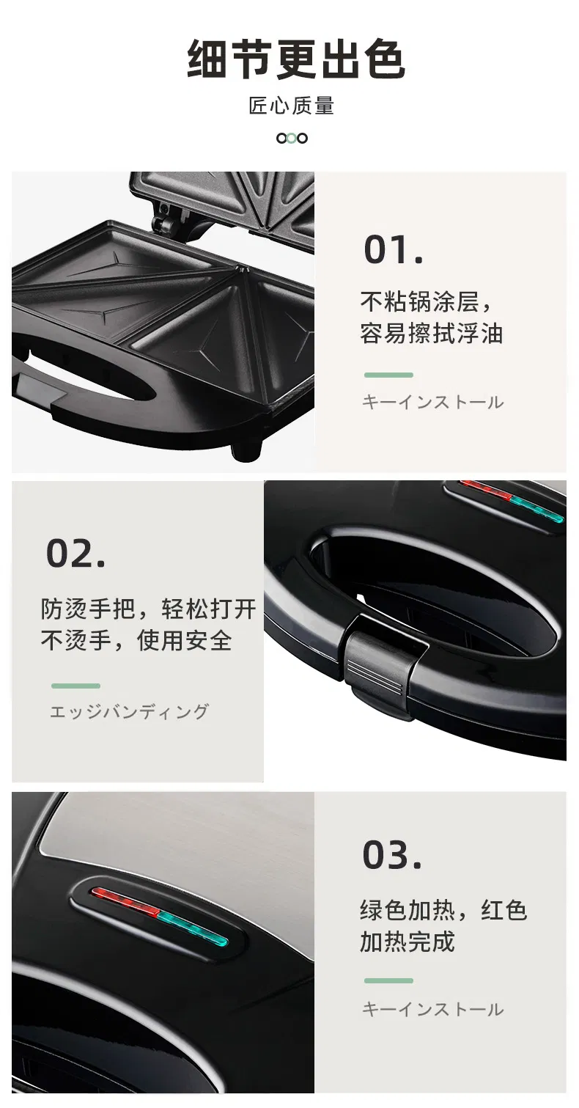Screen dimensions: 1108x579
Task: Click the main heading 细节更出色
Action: coord(295,60)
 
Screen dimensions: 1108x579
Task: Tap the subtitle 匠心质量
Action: coord(291,106)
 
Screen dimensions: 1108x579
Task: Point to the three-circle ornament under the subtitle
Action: coord(291,138)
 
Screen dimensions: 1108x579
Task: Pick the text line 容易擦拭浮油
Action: coord(431,334)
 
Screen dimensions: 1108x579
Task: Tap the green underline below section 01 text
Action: coord(388,375)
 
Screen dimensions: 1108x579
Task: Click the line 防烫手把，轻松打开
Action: coord(148,609)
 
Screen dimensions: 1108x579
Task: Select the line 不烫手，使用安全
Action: coord(136,641)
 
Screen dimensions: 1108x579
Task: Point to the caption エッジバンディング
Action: coord(129,711)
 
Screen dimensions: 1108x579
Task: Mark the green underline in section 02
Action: coord(75,686)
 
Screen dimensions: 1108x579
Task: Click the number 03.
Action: coord(391,855)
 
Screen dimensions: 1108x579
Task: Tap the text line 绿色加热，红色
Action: coord(443,910)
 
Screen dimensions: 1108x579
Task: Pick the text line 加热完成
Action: coord(407,942)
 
